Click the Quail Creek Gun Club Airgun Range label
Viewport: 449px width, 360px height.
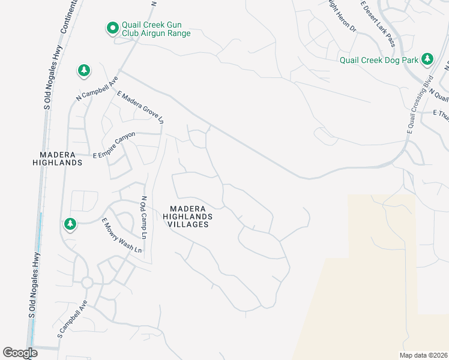pos(155,29)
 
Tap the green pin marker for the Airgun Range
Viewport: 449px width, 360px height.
pos(112,28)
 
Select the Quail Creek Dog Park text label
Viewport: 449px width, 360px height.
pos(379,59)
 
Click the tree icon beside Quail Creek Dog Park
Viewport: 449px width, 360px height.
pos(427,59)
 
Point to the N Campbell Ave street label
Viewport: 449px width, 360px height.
pos(97,89)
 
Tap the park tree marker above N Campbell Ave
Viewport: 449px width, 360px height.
pos(83,71)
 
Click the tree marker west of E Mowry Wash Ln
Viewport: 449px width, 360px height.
pos(71,224)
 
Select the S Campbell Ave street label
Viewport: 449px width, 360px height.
pos(73,317)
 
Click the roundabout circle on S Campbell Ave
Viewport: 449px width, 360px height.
pos(87,282)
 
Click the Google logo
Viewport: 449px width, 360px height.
pos(20,353)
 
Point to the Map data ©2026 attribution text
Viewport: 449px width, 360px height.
pos(424,355)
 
